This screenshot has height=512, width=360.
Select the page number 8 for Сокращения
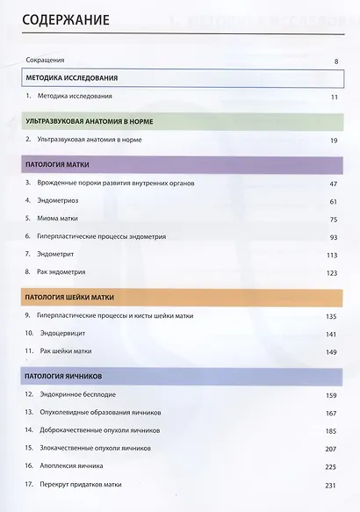coord(336,61)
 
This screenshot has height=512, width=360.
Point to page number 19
coord(334,140)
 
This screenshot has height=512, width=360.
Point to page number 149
coord(332,352)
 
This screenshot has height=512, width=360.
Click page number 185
coord(332,430)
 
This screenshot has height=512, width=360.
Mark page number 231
coord(332,484)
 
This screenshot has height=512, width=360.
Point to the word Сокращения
coord(46,61)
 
